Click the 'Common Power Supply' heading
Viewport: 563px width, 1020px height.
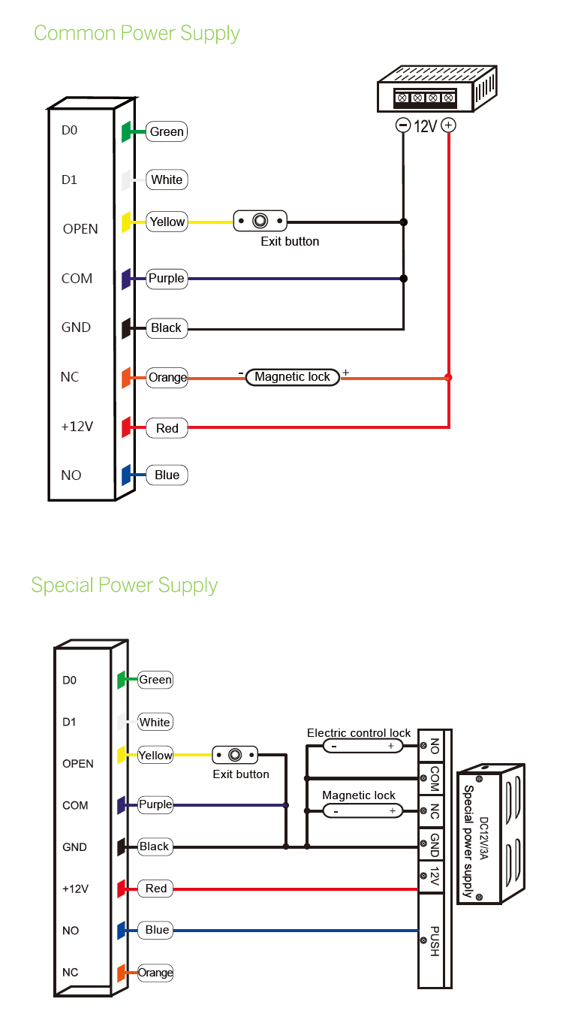[137, 33]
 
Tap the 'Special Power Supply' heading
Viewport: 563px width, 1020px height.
[124, 585]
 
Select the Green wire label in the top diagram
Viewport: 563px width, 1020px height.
[167, 131]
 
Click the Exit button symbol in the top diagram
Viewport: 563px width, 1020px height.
[260, 221]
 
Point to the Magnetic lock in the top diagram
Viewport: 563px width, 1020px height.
[292, 377]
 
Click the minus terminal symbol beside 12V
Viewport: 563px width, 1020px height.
[403, 125]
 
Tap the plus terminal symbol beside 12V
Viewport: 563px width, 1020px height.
[448, 125]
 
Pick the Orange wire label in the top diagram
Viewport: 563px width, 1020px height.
[167, 377]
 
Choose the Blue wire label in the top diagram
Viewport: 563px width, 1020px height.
[167, 475]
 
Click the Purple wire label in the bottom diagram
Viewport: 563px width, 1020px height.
[155, 804]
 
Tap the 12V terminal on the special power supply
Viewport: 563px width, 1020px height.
[434, 876]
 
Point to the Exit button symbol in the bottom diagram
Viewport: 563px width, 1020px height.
[235, 755]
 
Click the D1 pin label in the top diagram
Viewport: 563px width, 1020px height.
[69, 180]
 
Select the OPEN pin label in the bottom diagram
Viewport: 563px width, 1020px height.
[78, 763]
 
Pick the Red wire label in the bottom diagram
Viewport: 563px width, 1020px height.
[156, 889]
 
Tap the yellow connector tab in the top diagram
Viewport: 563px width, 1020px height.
[126, 221]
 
